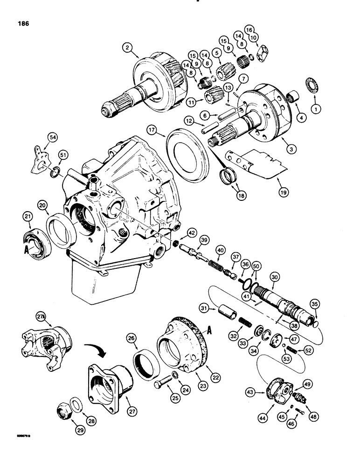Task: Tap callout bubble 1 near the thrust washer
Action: [x=318, y=109]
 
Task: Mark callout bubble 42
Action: [x=191, y=233]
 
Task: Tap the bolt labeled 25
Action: [x=161, y=385]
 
